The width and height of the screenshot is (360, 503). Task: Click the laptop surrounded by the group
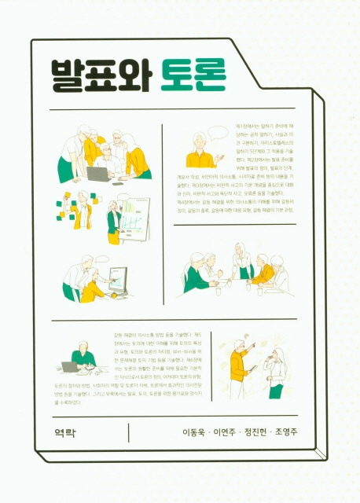pyautogui.click(x=98, y=174)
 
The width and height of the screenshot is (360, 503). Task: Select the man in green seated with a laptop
pyautogui.click(x=83, y=359)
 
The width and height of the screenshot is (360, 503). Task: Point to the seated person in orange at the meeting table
pyautogui.click(x=263, y=273)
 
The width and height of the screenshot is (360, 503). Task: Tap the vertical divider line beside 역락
pyautogui.click(x=128, y=432)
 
